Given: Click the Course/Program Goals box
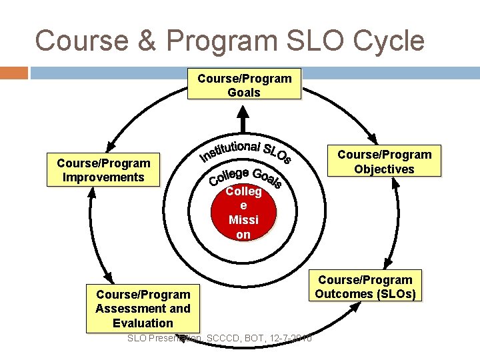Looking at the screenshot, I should [x=244, y=85].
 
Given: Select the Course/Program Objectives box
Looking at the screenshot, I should [x=384, y=162].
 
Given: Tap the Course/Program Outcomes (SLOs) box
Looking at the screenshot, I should [x=365, y=287].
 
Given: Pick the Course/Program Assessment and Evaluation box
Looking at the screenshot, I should [x=143, y=309].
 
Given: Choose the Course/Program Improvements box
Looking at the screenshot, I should [x=103, y=170].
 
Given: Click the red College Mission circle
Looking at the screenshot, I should [x=243, y=213].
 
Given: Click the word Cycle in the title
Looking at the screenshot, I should [x=389, y=41].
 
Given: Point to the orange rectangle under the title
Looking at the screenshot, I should [x=14, y=72].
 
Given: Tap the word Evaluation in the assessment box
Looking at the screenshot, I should [x=143, y=323].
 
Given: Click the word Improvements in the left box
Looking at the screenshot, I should [x=103, y=177].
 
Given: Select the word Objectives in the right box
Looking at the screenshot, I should [x=384, y=169].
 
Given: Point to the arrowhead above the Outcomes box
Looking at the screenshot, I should [x=388, y=265].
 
